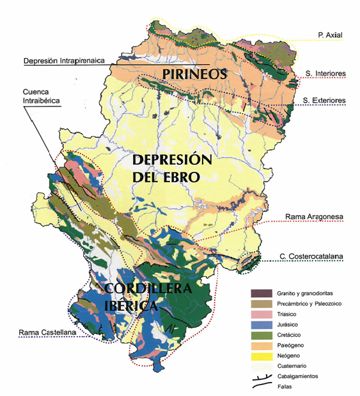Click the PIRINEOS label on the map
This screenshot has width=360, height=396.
coord(195,75)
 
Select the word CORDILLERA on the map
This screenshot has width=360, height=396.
coord(149,289)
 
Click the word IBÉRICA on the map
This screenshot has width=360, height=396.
coord(131,307)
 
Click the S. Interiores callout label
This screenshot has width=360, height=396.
coord(325,74)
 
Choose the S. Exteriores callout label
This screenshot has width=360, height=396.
coord(325,100)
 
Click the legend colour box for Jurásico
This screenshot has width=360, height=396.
coord(260,324)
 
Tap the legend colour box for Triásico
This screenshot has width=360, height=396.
coord(260,314)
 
